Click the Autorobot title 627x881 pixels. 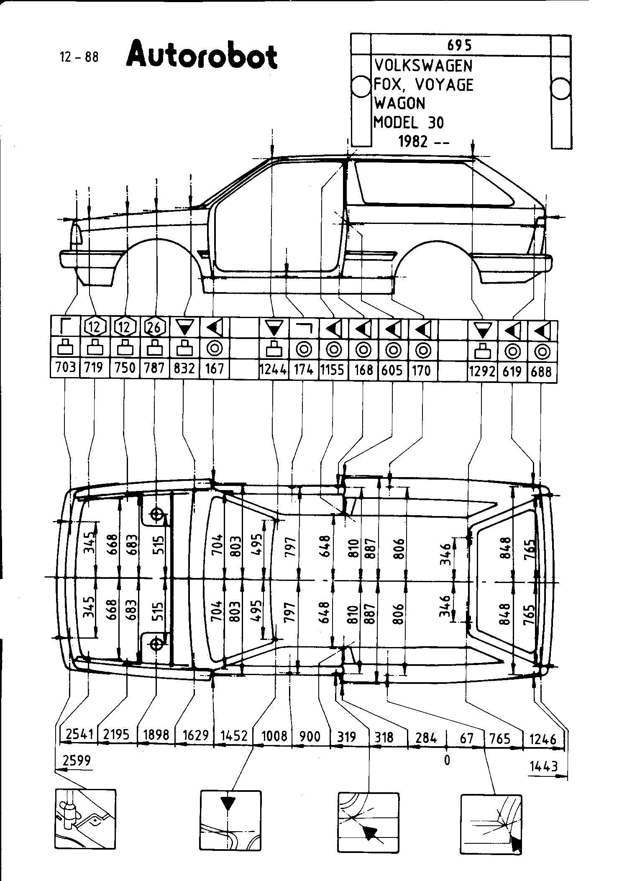pyautogui.click(x=202, y=55)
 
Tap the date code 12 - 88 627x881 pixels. pyautogui.click(x=79, y=57)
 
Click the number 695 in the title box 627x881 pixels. pyautogui.click(x=459, y=45)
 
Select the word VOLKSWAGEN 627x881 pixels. pyautogui.click(x=423, y=66)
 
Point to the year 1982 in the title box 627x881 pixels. pyautogui.click(x=413, y=142)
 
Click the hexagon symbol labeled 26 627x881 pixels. pyautogui.click(x=154, y=326)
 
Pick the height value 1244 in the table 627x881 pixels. pyautogui.click(x=273, y=369)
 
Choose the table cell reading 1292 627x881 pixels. pyautogui.click(x=482, y=370)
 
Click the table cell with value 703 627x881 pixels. pyautogui.click(x=65, y=367)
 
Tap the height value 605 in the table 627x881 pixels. pyautogui.click(x=392, y=370)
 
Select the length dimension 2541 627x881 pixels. pyautogui.click(x=79, y=735)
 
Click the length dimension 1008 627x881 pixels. pyautogui.click(x=274, y=735)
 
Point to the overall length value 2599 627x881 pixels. pyautogui.click(x=77, y=760)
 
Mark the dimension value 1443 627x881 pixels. pyautogui.click(x=544, y=766)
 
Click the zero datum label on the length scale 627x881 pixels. pyautogui.click(x=447, y=759)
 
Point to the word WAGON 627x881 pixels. pyautogui.click(x=399, y=103)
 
